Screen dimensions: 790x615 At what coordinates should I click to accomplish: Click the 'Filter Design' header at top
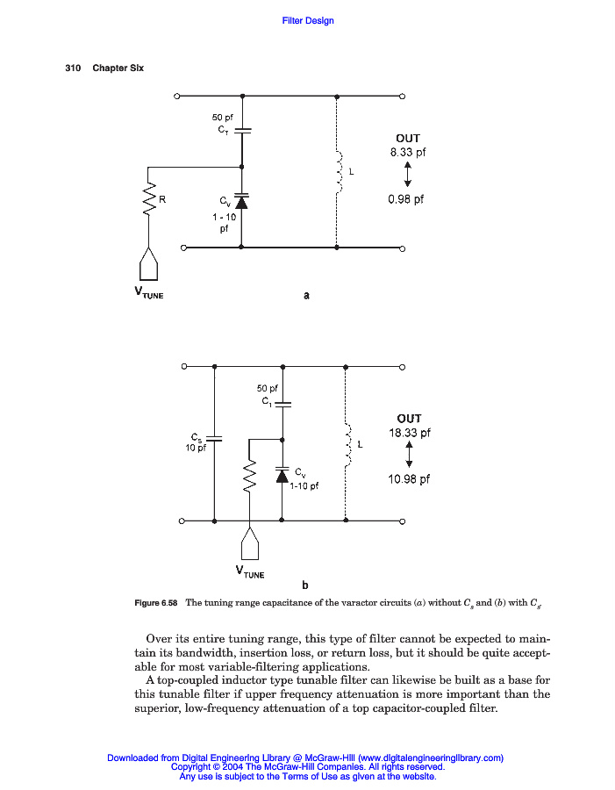click(308, 21)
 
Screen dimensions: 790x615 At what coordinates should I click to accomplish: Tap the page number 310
click(73, 68)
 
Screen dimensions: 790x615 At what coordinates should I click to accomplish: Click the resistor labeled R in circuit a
click(150, 199)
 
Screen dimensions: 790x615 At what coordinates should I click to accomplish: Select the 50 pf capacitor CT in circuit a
click(243, 130)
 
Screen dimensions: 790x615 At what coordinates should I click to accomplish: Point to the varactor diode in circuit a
click(243, 201)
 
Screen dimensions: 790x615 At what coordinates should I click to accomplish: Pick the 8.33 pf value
click(408, 152)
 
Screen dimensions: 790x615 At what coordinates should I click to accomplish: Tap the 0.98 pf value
click(405, 199)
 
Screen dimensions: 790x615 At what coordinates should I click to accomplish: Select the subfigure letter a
click(306, 296)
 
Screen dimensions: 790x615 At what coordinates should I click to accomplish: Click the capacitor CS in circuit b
click(215, 438)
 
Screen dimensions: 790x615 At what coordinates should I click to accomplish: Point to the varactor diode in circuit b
click(282, 474)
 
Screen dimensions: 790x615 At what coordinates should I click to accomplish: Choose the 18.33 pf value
click(409, 433)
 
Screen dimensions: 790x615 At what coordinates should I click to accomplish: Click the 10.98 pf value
click(409, 479)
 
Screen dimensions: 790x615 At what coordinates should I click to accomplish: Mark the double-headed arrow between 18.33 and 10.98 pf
click(409, 456)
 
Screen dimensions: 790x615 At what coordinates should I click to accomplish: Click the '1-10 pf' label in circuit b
click(304, 485)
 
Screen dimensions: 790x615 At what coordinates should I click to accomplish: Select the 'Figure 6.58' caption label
click(156, 604)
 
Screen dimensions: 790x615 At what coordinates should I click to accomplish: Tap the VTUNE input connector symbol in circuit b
click(251, 546)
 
